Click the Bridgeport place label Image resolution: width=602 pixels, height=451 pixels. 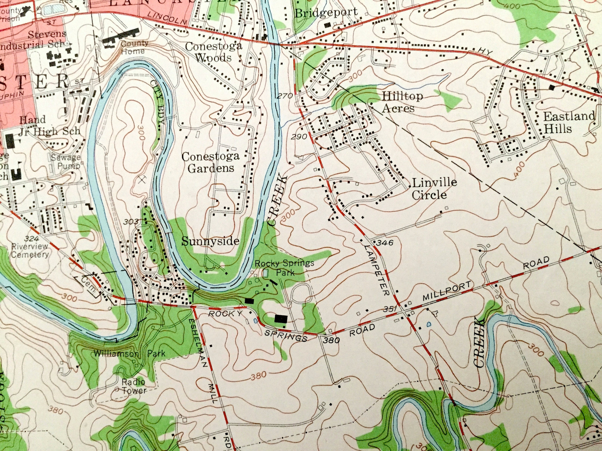(326, 12)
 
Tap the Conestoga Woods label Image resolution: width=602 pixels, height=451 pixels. (213, 52)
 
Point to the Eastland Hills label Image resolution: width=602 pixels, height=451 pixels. (569, 122)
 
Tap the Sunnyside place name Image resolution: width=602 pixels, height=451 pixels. (210, 241)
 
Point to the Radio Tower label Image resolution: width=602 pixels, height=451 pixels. (134, 386)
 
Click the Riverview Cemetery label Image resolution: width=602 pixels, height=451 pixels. (30, 250)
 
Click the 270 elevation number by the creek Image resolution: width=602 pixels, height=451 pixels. (285, 96)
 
